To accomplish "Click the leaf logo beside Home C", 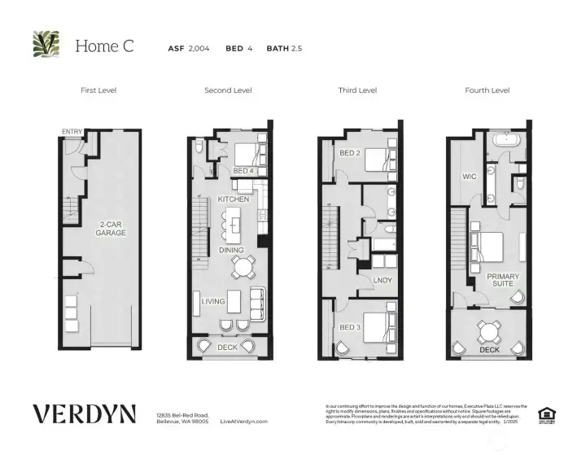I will (46, 46).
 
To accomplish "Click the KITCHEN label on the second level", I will (233, 199).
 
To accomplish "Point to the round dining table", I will (242, 267).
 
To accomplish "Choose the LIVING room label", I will (213, 302).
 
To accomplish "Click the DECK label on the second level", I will (229, 348).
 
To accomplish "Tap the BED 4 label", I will (243, 171).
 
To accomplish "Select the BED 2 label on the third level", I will (349, 153).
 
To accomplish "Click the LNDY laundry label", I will (383, 281).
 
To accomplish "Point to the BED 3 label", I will (349, 327).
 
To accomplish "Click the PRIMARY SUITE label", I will (503, 282).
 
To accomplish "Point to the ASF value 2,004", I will (199, 49).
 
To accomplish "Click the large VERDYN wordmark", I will (84, 413).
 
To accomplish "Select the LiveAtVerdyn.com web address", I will (244, 422).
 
